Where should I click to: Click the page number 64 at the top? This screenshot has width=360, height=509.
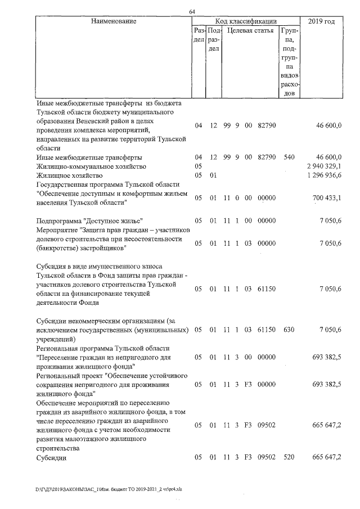192,11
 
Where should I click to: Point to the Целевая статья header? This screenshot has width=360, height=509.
250,30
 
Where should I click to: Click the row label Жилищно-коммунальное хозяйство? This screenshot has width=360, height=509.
91,166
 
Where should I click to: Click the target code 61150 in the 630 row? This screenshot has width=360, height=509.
266,329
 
